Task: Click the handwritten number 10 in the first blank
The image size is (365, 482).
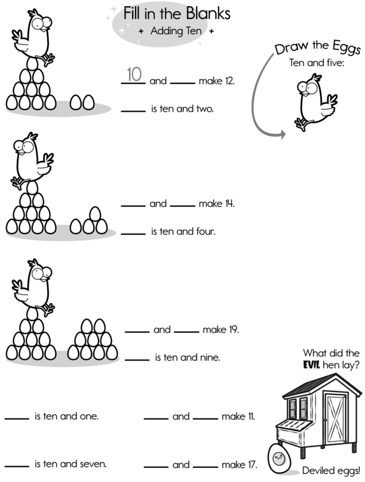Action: pos(134,75)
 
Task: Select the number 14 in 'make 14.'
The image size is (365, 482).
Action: pos(229,204)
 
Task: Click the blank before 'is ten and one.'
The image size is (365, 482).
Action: pos(16,418)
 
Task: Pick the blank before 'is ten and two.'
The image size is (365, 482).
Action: pos(133,111)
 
